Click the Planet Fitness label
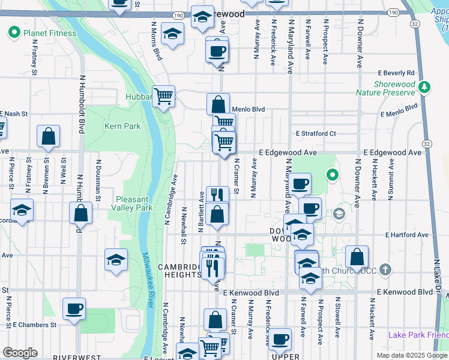click(50, 33)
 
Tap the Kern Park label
click(122, 126)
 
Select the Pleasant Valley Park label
click(132, 203)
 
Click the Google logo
click(20, 353)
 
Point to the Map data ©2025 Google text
click(411, 355)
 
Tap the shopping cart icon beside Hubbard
click(163, 95)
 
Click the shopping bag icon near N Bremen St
click(49, 136)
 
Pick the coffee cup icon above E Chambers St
click(74, 308)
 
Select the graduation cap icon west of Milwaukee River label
click(116, 260)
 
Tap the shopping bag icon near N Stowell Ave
click(357, 257)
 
